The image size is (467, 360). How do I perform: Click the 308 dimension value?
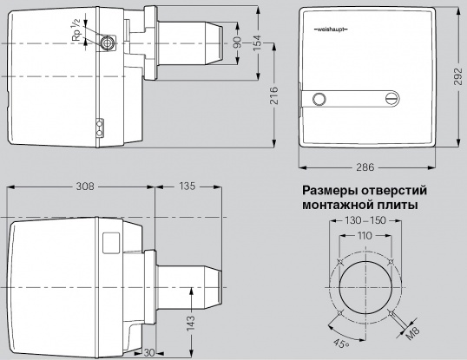click(85, 187)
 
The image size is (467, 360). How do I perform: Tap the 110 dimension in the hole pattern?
click(364, 236)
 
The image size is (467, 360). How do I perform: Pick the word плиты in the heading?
click(397, 205)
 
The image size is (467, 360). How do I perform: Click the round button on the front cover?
click(320, 100)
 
